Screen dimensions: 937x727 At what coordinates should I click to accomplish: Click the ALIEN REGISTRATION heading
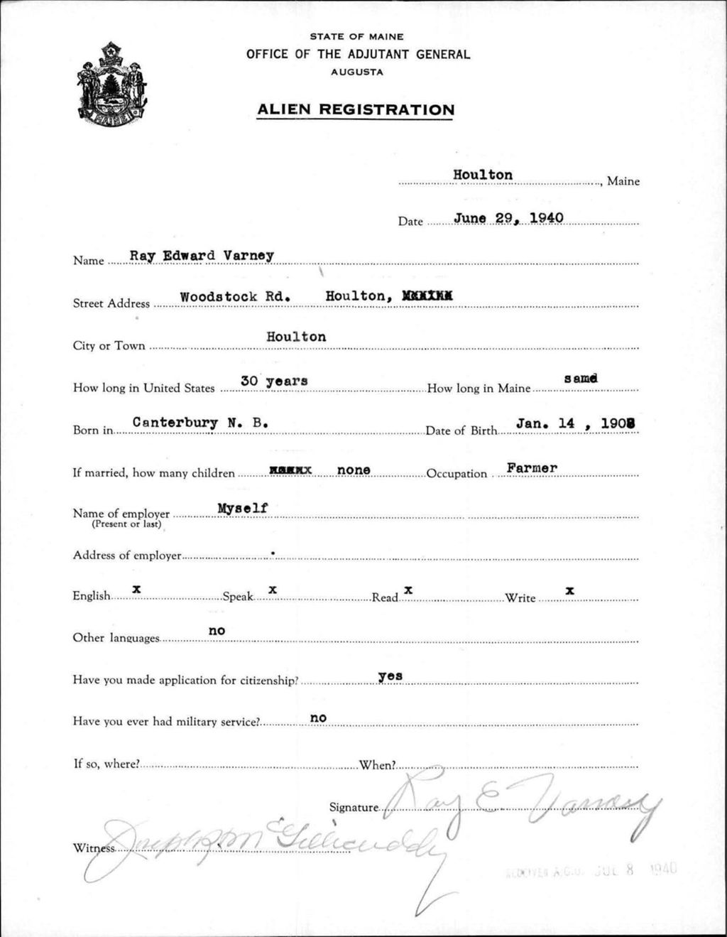(356, 110)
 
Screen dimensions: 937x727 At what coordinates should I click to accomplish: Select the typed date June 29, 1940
(508, 217)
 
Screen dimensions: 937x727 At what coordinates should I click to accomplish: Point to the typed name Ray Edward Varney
(202, 256)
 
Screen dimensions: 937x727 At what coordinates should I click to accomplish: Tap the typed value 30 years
(274, 381)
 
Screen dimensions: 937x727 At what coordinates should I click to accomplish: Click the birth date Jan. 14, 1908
(575, 423)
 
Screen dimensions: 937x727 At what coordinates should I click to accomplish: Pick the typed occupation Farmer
(532, 467)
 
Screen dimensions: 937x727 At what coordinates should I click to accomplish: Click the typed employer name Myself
(242, 508)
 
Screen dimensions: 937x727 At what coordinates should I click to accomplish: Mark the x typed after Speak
(272, 590)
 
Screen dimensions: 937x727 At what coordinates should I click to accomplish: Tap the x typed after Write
(569, 590)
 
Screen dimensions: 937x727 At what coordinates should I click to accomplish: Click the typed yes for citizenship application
(390, 676)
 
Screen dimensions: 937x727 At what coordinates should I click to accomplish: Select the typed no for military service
(318, 717)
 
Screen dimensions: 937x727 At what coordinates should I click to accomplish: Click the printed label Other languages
(116, 638)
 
